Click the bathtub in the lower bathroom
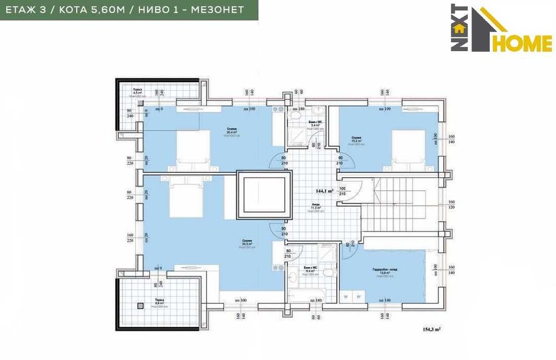(x=306, y=294)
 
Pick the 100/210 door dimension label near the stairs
(x=342, y=192)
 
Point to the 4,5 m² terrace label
(x=137, y=92)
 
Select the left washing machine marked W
(x=345, y=297)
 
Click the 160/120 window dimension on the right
(x=451, y=204)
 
